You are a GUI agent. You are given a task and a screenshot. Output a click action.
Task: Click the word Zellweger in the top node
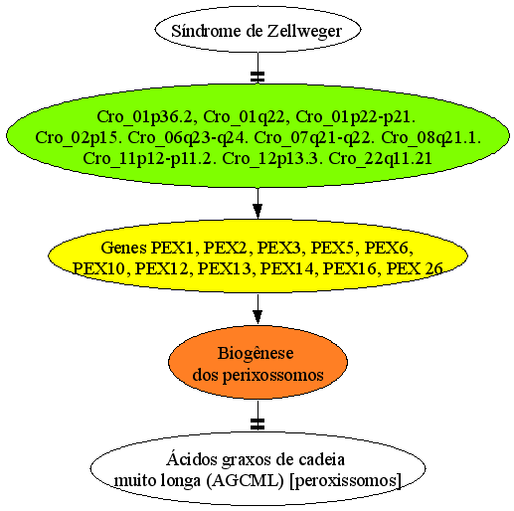click(x=304, y=32)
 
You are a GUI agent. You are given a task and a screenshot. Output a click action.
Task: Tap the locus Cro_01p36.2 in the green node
click(x=144, y=117)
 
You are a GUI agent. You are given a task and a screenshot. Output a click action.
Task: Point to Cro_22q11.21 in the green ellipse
click(x=380, y=158)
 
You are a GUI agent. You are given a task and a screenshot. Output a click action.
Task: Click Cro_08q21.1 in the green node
click(x=430, y=138)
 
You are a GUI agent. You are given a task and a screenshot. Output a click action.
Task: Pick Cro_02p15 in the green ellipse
click(x=77, y=138)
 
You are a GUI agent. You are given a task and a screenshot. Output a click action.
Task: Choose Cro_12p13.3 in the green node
click(x=272, y=158)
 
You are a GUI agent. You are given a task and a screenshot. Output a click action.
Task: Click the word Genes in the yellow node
click(x=123, y=248)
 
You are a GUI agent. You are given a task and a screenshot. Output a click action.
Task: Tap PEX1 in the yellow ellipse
click(x=173, y=248)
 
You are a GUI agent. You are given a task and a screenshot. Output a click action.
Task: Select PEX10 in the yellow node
click(x=99, y=268)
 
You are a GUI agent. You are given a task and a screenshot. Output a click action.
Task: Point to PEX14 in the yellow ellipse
click(x=286, y=268)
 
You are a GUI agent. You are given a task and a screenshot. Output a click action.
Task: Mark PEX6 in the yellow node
click(x=389, y=248)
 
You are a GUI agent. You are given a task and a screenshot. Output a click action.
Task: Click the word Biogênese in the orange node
click(x=256, y=353)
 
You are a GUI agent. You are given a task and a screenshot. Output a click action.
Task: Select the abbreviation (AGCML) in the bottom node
click(x=245, y=480)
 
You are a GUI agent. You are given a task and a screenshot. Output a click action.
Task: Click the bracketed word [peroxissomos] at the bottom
click(x=345, y=480)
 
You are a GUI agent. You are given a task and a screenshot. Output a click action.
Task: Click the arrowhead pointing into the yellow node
click(x=257, y=211)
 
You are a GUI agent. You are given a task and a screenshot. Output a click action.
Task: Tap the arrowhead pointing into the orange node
click(x=257, y=317)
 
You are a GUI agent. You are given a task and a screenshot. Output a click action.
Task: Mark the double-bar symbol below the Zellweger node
click(x=257, y=77)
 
